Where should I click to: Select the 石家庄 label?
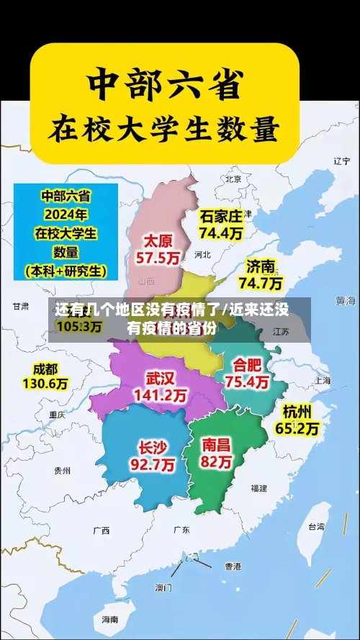pos(221,216)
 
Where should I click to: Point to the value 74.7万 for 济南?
pos(260,283)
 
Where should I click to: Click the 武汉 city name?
pos(160,378)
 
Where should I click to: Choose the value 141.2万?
pos(160,395)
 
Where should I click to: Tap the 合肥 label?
pos(247,364)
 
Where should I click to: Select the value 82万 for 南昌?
pos(217,462)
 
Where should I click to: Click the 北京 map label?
pos(233,179)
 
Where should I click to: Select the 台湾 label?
pos(316,526)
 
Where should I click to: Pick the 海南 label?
pos(109,619)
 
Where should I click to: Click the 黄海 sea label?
pos(346,299)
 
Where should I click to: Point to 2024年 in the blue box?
pos(66,214)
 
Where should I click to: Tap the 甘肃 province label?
pos(20,306)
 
